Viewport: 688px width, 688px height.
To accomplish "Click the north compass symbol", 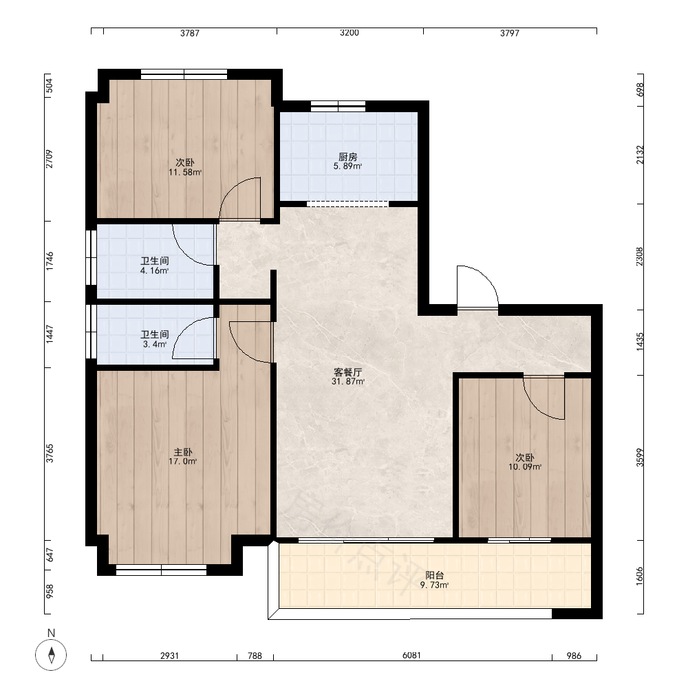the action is click(x=51, y=655).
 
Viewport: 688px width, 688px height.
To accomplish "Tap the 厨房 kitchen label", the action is click(x=347, y=157).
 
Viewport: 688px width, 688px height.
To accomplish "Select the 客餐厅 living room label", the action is click(x=348, y=372).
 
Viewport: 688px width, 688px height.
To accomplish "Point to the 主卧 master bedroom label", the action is click(x=183, y=452).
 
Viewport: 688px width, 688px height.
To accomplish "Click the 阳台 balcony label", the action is click(x=434, y=575).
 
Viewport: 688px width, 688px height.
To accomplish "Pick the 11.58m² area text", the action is click(x=185, y=173).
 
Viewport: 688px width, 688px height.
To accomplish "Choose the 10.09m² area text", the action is click(x=525, y=467).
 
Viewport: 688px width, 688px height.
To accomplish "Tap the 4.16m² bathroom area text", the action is click(x=154, y=270).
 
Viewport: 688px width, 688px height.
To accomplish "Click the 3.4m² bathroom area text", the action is click(x=154, y=345).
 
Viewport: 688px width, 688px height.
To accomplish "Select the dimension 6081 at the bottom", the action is click(x=411, y=655).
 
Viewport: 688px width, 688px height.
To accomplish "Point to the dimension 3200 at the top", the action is click(x=350, y=32).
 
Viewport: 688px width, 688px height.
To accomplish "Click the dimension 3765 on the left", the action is click(x=50, y=453).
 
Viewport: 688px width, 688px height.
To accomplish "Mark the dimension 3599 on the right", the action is click(x=640, y=458).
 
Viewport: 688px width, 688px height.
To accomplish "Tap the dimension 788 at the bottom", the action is click(x=255, y=656).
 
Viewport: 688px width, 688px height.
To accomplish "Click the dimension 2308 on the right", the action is click(x=640, y=257).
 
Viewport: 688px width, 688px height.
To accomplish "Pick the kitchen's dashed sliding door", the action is click(x=347, y=204).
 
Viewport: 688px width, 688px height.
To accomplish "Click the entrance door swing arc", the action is click(x=484, y=277).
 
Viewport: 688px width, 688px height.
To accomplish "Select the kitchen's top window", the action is click(x=338, y=106).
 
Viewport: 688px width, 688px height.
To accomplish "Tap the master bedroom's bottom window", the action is click(x=161, y=570).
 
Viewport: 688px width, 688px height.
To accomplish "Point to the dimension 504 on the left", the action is click(x=50, y=85).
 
